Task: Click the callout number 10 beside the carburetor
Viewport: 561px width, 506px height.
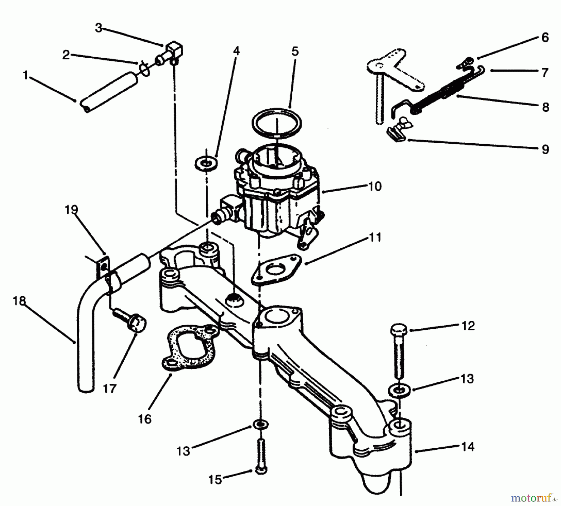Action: (x=375, y=186)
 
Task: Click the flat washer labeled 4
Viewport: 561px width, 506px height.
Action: (x=206, y=163)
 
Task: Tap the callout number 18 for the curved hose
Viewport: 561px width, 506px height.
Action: (x=19, y=301)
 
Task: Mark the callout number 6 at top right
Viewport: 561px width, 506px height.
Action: (x=544, y=38)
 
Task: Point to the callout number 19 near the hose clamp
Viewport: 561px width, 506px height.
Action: (x=71, y=210)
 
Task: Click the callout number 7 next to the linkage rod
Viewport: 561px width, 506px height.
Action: (x=544, y=73)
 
